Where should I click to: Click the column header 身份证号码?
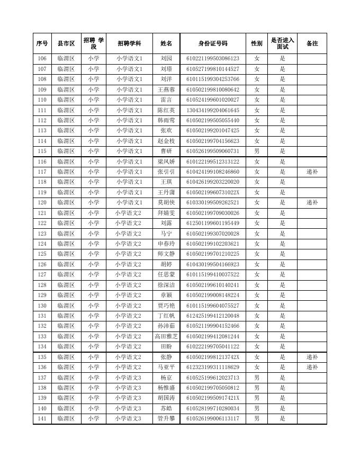(213, 43)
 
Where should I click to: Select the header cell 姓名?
(166, 43)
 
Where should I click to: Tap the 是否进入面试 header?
(282, 43)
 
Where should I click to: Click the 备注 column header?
(312, 43)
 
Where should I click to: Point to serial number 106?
(42, 59)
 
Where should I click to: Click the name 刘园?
(166, 59)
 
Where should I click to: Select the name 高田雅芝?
(166, 336)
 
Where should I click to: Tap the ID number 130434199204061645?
(213, 110)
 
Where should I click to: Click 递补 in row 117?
(312, 172)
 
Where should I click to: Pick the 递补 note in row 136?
(312, 367)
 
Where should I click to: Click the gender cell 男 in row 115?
(257, 151)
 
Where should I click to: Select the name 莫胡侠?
(166, 202)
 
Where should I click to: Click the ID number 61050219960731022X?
(213, 192)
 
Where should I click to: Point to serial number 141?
(42, 418)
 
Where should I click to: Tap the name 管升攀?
(166, 418)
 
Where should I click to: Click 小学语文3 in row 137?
(129, 378)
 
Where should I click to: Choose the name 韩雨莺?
(166, 120)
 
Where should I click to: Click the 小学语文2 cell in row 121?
(129, 213)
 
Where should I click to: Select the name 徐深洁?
(166, 285)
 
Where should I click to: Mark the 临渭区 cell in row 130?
(66, 306)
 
